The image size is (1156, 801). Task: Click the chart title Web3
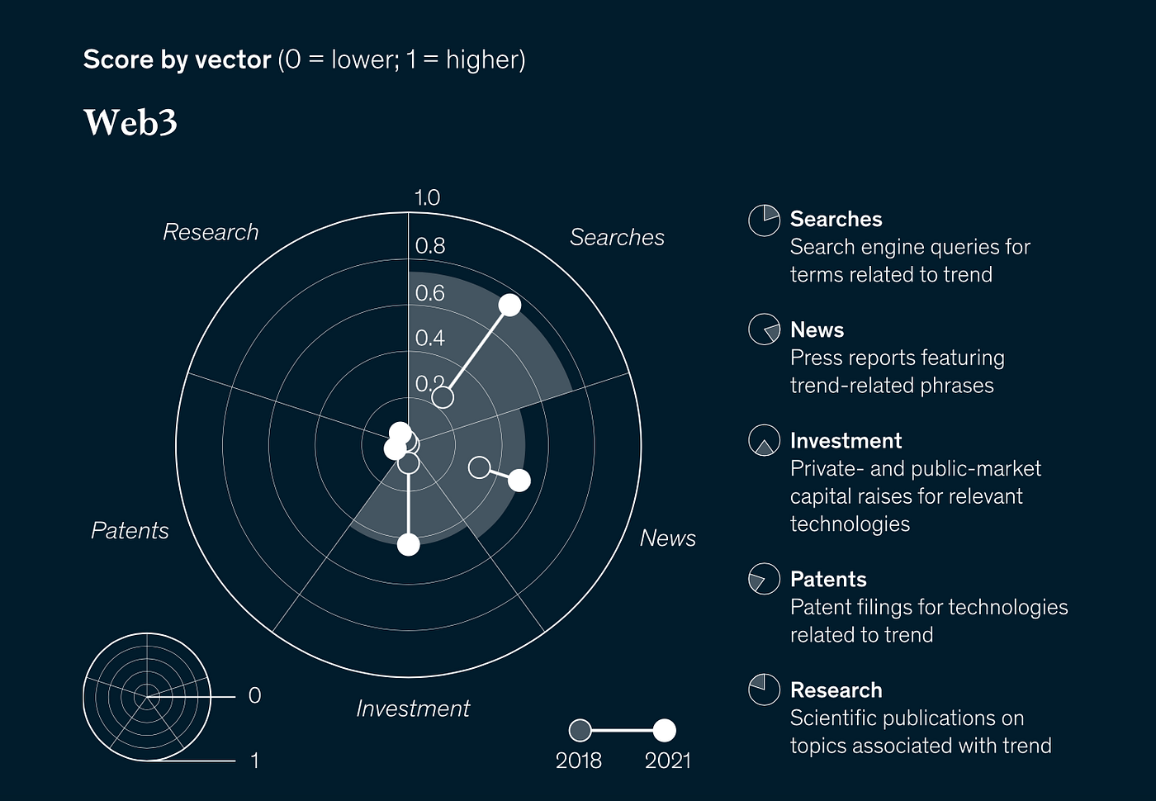tap(130, 122)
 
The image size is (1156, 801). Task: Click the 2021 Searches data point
tap(509, 305)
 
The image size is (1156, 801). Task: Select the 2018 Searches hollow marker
tap(443, 397)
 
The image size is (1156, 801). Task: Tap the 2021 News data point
tap(519, 480)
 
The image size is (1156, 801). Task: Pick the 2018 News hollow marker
tap(479, 467)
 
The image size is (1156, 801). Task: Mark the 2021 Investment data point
tap(409, 544)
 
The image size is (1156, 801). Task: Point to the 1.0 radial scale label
tap(427, 197)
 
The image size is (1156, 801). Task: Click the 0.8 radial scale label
tap(429, 245)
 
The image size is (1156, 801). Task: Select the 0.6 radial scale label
tap(429, 292)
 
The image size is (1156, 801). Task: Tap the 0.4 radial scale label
tap(429, 338)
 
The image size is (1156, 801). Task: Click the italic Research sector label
tap(211, 232)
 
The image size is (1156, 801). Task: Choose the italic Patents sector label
tap(130, 530)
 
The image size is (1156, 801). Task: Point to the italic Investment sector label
tap(413, 709)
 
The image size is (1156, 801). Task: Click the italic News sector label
tap(667, 538)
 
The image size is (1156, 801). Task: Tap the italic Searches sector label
tap(617, 237)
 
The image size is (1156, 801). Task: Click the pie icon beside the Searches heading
tap(764, 220)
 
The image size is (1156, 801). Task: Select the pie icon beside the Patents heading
tap(764, 579)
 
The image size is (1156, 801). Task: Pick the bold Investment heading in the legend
tap(846, 440)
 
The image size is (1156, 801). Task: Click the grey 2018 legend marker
tap(580, 730)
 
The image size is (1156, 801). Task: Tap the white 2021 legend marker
tap(664, 730)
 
